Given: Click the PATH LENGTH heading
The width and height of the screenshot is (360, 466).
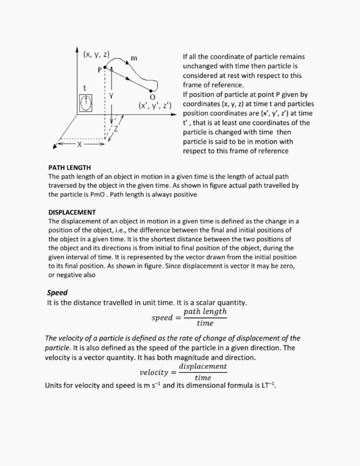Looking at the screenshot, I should click(70, 168).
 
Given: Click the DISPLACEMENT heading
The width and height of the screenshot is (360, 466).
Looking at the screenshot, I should click(72, 212).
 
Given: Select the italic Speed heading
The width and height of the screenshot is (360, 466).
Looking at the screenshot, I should click(57, 293).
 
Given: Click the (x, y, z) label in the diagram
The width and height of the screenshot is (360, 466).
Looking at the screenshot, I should click(96, 54).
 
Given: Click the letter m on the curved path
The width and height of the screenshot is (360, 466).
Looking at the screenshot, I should click(134, 58).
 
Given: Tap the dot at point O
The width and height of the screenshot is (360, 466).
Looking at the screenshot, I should click(152, 90).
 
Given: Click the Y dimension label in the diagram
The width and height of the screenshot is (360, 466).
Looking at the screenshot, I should click(111, 96).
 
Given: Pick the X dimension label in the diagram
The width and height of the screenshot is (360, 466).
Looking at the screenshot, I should click(80, 144).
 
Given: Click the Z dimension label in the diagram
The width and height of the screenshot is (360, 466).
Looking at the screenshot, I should click(116, 129).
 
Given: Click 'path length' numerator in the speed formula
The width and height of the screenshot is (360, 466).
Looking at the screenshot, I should click(205, 311).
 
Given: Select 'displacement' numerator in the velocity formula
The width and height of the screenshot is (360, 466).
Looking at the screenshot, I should click(203, 366).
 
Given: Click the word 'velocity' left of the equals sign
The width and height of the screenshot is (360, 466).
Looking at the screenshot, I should click(154, 372).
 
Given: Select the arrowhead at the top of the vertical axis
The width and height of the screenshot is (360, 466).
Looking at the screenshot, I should click(77, 49).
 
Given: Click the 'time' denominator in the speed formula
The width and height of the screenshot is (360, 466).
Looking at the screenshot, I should click(205, 323).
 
